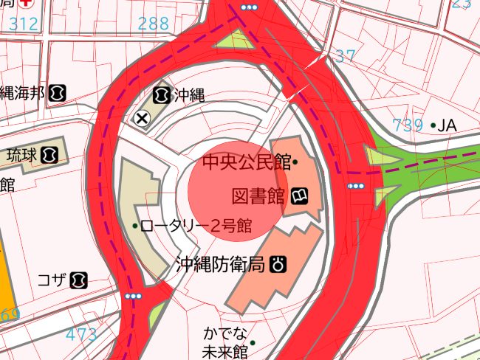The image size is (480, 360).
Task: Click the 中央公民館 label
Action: click(247, 162)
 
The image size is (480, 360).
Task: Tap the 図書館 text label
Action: click(258, 196)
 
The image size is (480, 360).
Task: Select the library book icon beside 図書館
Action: click(299, 196)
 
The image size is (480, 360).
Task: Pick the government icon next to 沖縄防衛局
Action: click(278, 264)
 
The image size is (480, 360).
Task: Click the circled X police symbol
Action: click(143, 117)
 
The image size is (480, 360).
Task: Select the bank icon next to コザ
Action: click(79, 280)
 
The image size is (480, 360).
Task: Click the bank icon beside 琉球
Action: click(49, 156)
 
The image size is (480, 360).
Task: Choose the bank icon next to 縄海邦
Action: click(58, 94)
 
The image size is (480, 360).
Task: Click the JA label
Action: click(448, 125)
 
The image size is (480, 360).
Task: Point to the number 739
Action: click(408, 125)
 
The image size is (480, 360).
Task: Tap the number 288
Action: click(154, 24)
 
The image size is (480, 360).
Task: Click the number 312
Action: click(24, 24)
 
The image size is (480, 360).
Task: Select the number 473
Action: click(81, 335)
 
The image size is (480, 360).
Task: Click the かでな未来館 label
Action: click(224, 342)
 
